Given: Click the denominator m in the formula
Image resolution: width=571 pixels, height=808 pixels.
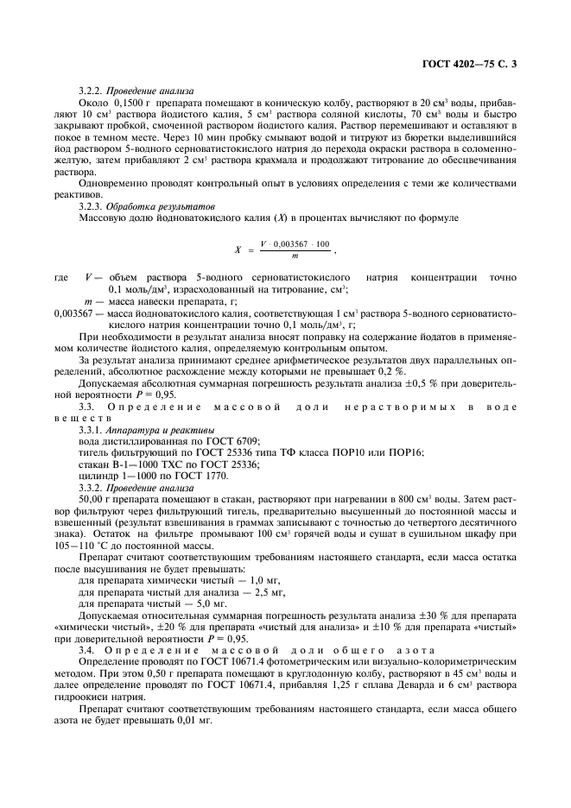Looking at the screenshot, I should (295, 256).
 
